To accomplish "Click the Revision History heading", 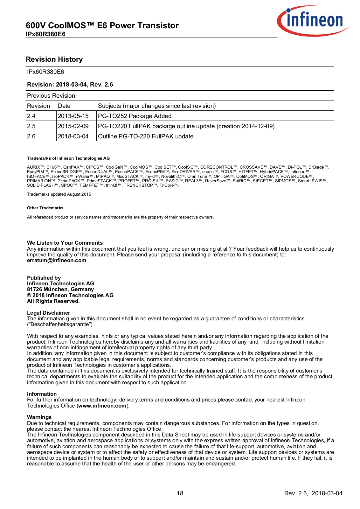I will (x=54, y=59).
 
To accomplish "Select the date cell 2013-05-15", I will (x=73, y=116).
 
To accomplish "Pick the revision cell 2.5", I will (x=31, y=126).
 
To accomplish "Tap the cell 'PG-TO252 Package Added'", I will (x=135, y=116).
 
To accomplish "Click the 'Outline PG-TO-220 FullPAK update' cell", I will (x=146, y=136).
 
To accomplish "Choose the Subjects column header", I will (x=157, y=106).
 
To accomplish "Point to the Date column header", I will (x=64, y=106).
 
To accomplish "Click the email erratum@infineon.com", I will (x=57, y=261).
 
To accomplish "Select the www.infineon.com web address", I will (x=102, y=406).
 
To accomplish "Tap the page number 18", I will (x=180, y=493).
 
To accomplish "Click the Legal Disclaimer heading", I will (x=49, y=313).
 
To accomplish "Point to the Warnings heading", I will (x=39, y=417).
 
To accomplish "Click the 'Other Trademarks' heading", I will (x=45, y=208).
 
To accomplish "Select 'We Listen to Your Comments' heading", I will (x=65, y=243).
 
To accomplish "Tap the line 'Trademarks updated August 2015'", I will (x=59, y=194).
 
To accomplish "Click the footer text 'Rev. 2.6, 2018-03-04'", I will (x=313, y=493).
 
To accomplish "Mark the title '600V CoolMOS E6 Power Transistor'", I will (x=102, y=25).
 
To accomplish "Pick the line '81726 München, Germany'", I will (x=60, y=289).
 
